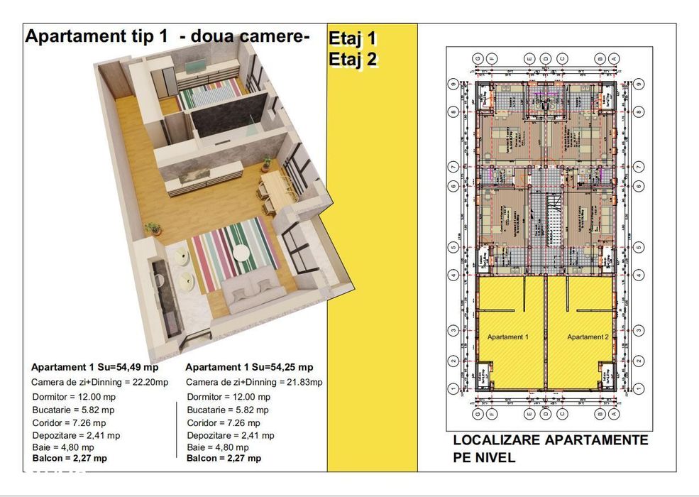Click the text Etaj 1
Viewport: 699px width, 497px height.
tap(353, 38)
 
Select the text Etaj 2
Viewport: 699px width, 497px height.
tap(353, 60)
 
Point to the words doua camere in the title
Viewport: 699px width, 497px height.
tap(246, 37)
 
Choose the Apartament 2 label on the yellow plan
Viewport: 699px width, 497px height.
tap(588, 336)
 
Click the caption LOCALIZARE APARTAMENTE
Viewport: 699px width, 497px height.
tap(550, 440)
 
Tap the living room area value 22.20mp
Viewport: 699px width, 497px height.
tap(152, 382)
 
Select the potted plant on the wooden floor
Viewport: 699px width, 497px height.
tap(152, 229)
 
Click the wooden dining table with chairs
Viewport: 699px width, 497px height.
tap(274, 188)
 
